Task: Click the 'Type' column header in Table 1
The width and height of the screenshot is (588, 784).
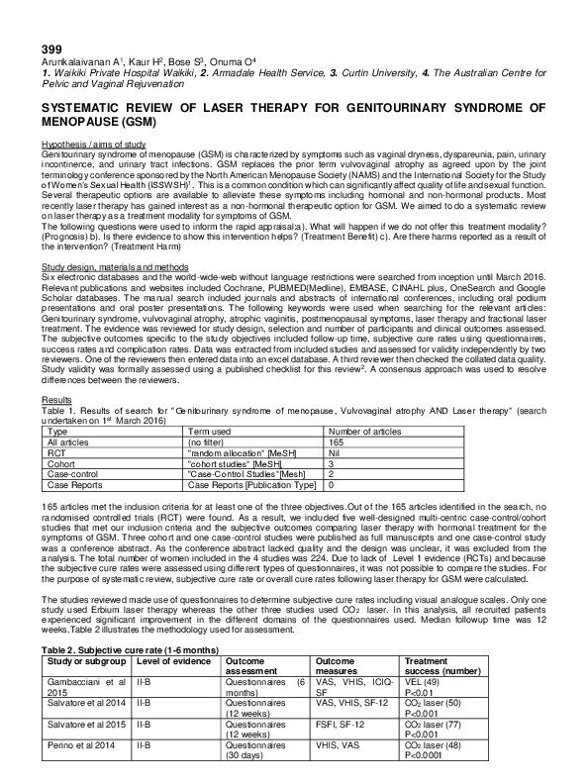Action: [58, 433]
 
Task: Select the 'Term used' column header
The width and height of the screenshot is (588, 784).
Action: [210, 433]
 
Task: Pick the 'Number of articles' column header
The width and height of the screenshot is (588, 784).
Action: [363, 433]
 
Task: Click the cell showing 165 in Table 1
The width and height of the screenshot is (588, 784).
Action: [335, 441]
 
